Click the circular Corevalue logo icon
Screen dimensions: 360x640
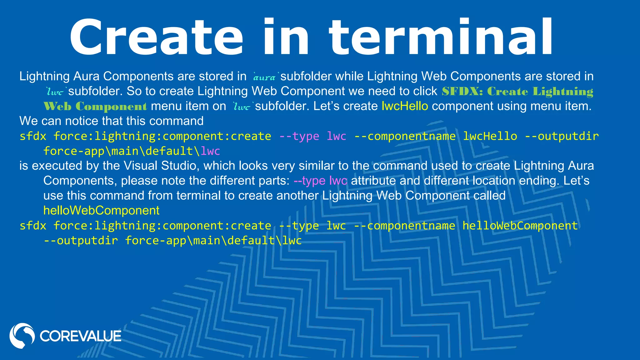click(x=22, y=336)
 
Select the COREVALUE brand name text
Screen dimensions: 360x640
click(x=80, y=336)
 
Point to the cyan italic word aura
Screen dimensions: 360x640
click(x=264, y=77)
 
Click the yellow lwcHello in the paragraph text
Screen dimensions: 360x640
click(x=405, y=106)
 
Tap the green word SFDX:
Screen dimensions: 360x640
click(x=462, y=91)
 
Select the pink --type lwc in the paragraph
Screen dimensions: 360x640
click(x=320, y=181)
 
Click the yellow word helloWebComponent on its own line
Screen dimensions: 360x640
click(x=101, y=211)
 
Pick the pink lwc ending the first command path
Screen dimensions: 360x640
click(x=210, y=151)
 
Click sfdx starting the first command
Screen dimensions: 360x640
click(x=33, y=136)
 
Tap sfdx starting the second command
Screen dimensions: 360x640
click(x=33, y=226)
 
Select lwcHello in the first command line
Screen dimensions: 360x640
click(x=490, y=136)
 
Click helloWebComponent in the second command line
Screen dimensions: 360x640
click(x=520, y=226)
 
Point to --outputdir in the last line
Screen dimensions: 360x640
click(x=81, y=241)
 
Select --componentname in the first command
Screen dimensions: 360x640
click(x=405, y=136)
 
